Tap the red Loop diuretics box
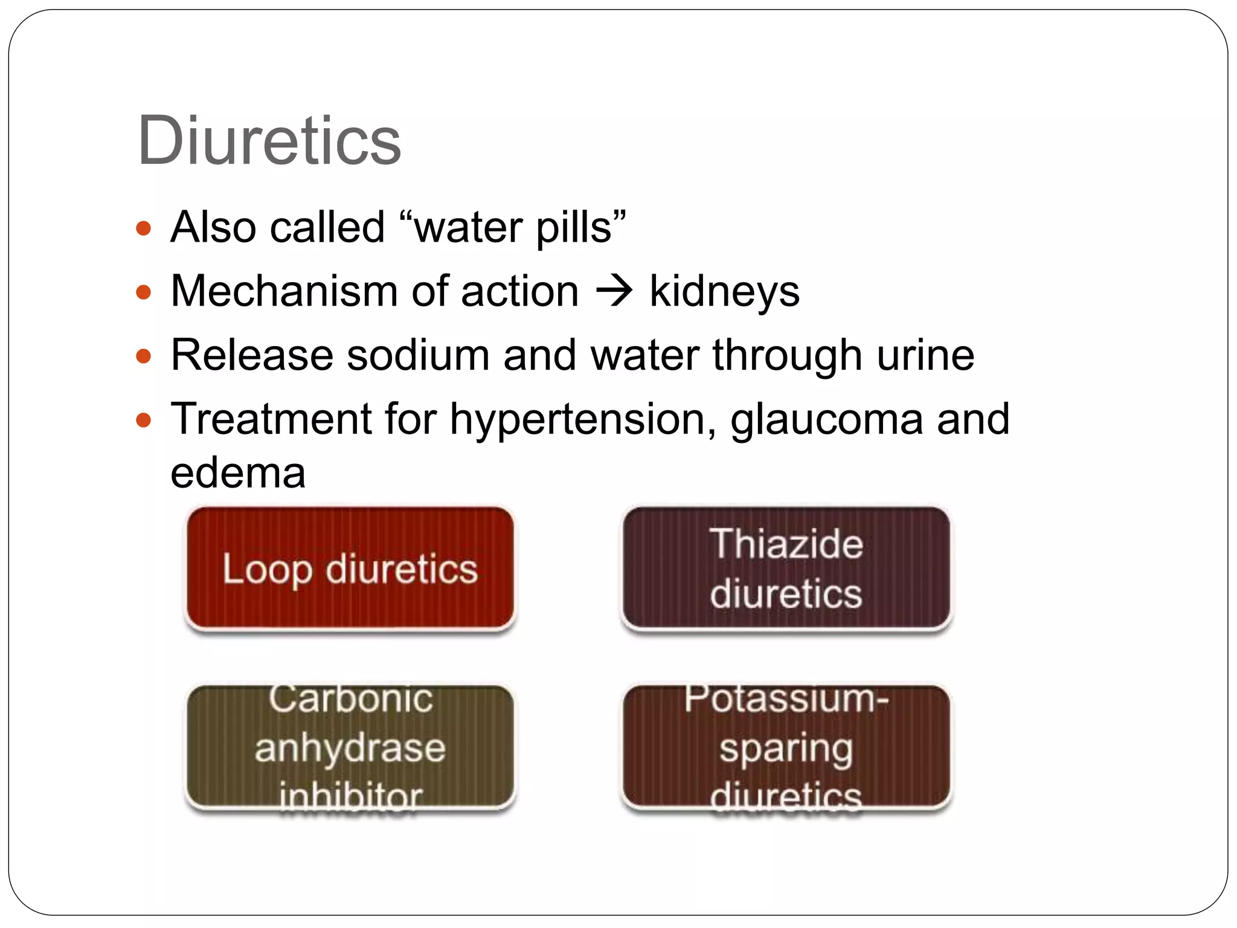tap(350, 569)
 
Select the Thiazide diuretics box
tap(786, 569)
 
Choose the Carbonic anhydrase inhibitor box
tap(350, 747)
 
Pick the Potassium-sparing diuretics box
tap(786, 747)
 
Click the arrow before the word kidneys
tap(614, 291)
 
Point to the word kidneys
tap(724, 292)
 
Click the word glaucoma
tap(826, 420)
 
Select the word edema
tap(238, 472)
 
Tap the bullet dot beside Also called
tap(143, 229)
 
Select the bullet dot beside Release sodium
tap(143, 356)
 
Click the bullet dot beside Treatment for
tap(143, 420)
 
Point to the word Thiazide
tap(786, 544)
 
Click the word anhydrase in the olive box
tap(350, 748)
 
